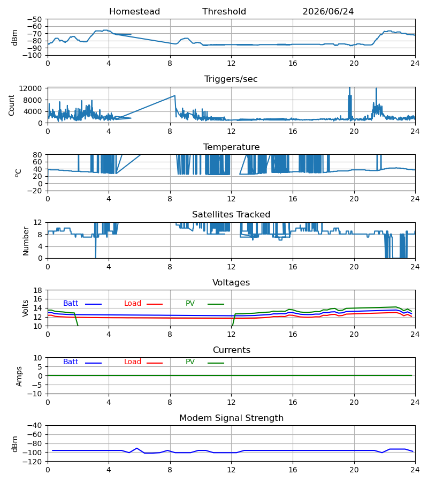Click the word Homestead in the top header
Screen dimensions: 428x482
(134, 12)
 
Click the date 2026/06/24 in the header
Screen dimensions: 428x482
(328, 12)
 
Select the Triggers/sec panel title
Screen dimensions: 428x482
(231, 79)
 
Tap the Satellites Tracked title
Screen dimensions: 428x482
(231, 215)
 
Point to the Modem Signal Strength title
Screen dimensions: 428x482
(231, 418)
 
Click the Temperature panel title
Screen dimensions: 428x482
(231, 147)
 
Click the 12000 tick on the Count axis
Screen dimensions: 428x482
(30, 88)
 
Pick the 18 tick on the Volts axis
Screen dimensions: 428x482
(38, 290)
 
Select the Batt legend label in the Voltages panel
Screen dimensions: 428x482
(71, 304)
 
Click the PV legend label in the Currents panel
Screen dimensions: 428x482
(190, 362)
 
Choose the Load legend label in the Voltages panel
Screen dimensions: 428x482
(133, 304)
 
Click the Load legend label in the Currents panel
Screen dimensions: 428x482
(133, 362)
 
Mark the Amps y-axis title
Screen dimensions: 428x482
(19, 376)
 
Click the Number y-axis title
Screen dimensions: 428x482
(26, 242)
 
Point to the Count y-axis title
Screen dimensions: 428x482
(12, 105)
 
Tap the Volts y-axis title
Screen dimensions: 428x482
(26, 308)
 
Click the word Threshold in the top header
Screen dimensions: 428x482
(224, 12)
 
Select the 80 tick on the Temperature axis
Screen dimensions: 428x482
(38, 155)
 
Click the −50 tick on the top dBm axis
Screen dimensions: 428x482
(35, 19)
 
